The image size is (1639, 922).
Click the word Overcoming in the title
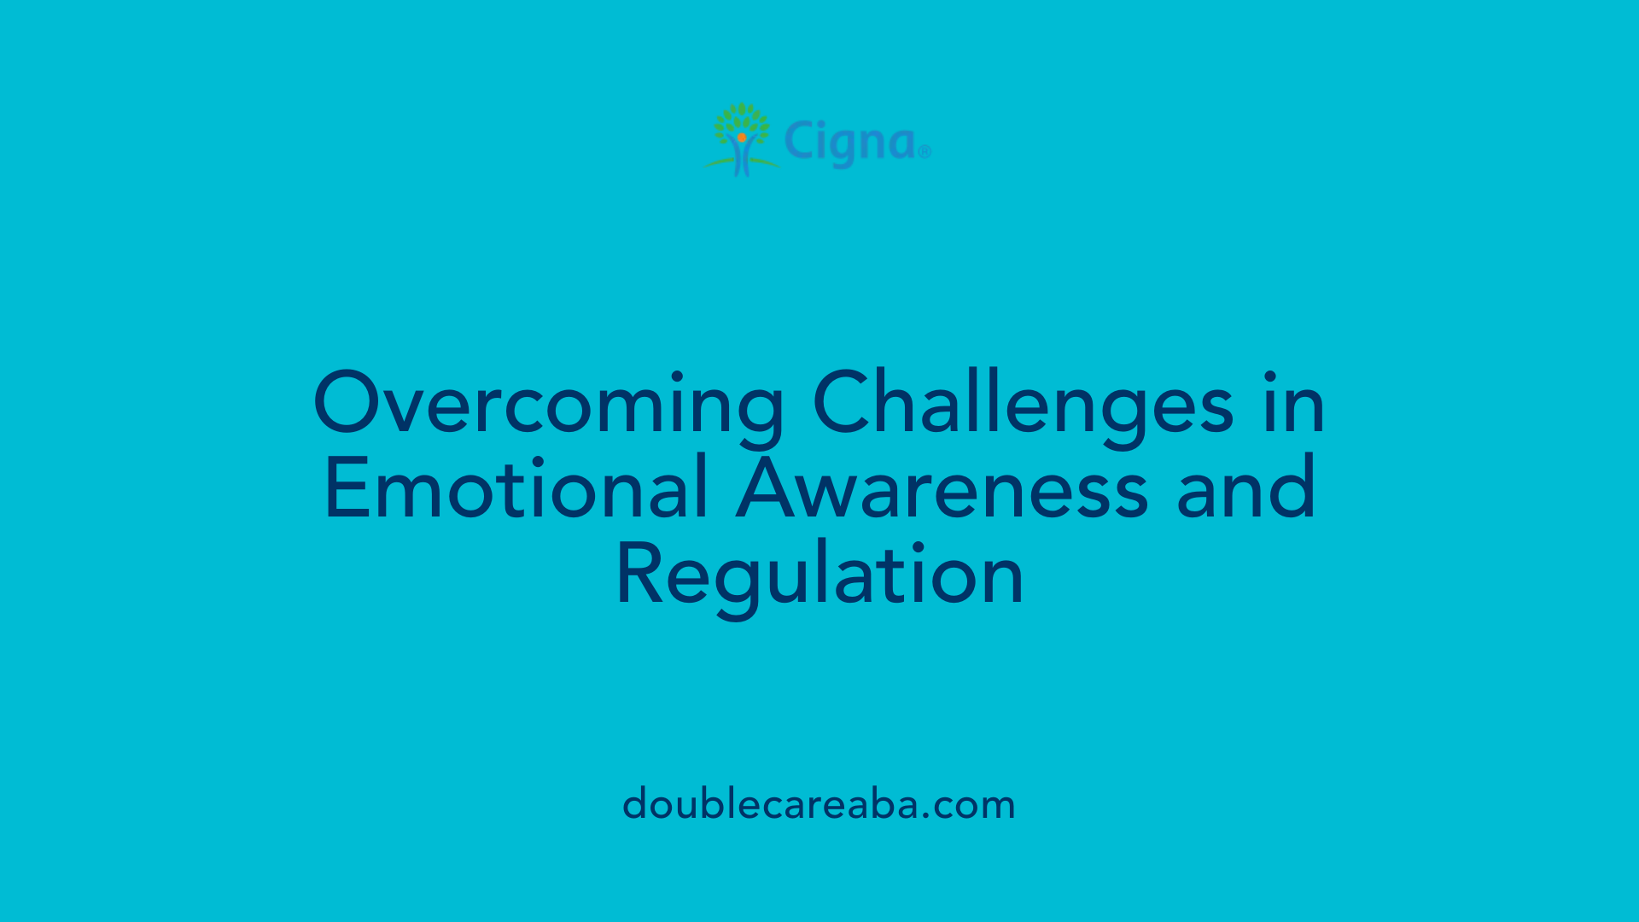point(549,403)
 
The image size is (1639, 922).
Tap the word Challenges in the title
point(1023,403)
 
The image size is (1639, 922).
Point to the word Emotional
point(516,488)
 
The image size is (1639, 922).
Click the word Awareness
point(942,488)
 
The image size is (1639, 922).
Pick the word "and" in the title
point(1245,488)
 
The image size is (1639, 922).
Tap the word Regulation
point(819,574)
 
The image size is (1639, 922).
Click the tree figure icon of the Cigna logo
point(741,140)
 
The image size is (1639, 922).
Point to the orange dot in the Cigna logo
point(742,137)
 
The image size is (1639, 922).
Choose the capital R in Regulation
point(637,574)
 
